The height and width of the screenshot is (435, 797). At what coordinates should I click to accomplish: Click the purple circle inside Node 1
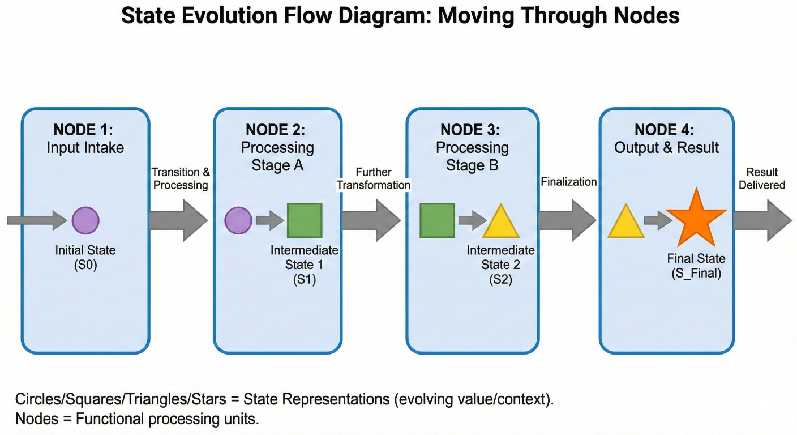click(85, 220)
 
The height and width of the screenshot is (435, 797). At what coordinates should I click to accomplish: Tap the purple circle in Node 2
click(238, 220)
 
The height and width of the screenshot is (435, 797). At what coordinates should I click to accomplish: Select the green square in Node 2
click(305, 220)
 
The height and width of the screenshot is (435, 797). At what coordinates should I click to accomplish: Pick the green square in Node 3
click(437, 220)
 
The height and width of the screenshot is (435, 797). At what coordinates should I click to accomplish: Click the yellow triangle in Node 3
click(500, 222)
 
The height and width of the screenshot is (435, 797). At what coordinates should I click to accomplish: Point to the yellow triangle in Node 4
click(625, 222)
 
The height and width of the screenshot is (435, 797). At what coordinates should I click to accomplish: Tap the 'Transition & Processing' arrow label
click(181, 178)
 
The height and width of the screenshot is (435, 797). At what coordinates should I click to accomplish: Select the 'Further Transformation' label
click(374, 178)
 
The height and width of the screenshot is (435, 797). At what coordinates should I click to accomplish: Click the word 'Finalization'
click(568, 182)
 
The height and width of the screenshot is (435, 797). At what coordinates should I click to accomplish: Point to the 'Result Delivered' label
click(762, 178)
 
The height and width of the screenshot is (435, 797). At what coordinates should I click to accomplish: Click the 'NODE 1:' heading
click(83, 130)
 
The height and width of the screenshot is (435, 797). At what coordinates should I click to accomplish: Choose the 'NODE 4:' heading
click(666, 130)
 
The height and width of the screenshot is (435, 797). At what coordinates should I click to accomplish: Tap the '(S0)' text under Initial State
click(85, 265)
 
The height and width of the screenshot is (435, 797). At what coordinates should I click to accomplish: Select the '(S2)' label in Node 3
click(500, 279)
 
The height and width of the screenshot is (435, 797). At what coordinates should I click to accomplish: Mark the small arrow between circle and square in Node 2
click(269, 220)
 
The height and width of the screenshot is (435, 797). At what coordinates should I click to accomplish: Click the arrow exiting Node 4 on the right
click(762, 220)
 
